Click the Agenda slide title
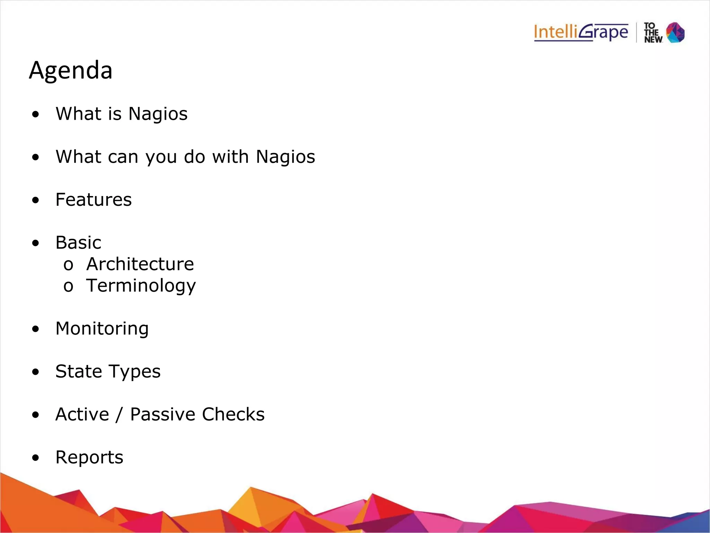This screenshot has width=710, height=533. pos(71,70)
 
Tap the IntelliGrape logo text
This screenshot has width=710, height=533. pos(581,32)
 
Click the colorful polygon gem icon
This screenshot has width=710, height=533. pos(675,33)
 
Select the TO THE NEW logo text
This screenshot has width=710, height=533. pos(653,33)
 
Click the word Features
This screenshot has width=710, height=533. pos(94,200)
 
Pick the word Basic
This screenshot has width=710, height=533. pos(78,243)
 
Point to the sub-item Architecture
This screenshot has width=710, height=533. pos(140,264)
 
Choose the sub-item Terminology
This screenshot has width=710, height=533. pos(141,286)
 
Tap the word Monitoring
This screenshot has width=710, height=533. pos(102,329)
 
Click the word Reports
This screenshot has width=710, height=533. pos(89,457)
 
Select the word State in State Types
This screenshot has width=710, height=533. pos(79,371)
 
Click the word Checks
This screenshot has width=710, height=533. pos(233,414)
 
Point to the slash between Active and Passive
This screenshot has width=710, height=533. pos(120,415)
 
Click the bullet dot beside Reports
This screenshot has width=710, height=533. pos(35,458)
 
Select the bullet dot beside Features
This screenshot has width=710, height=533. pos(35,200)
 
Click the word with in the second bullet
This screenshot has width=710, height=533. pos(231,157)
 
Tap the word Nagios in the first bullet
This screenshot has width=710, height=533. pos(158,114)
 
